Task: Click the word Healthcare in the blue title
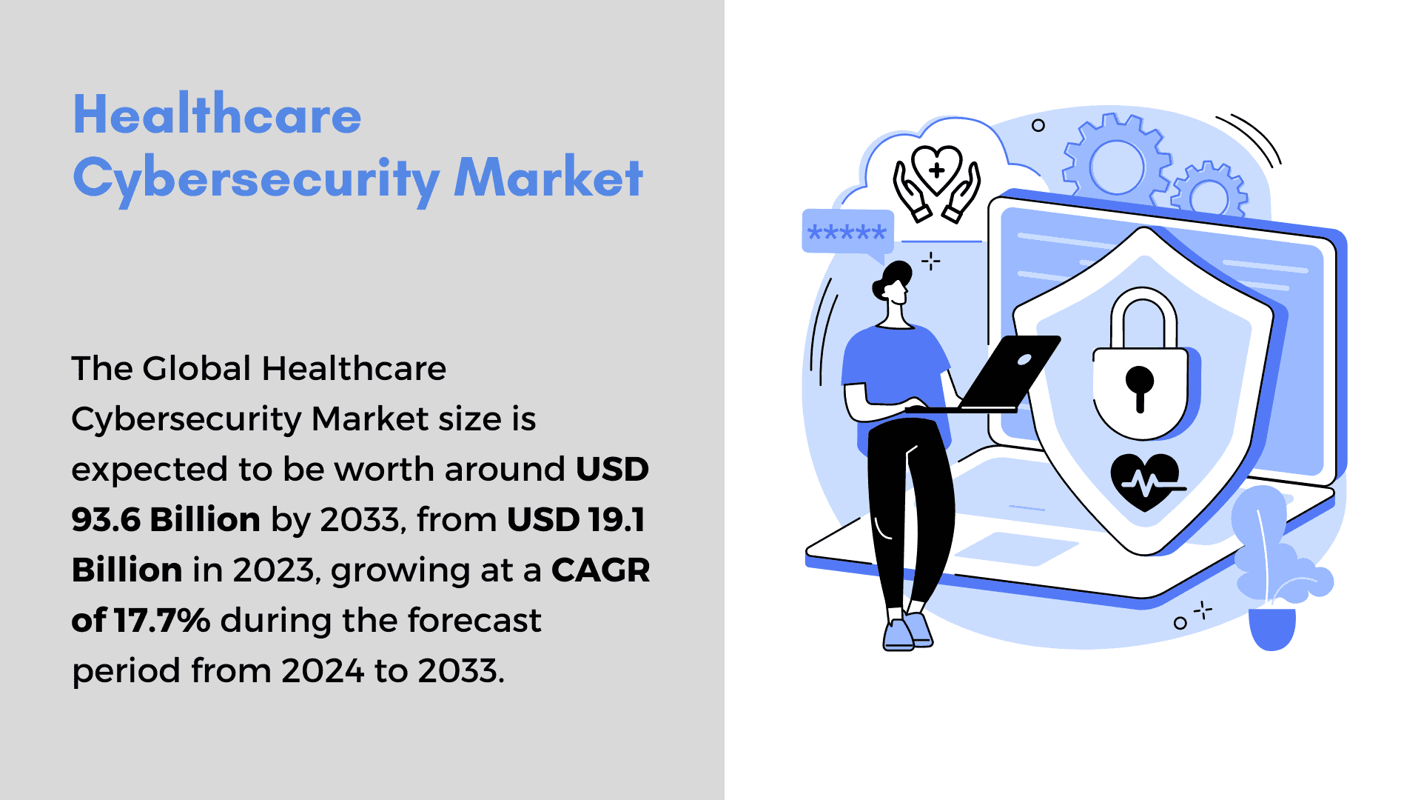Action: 217,115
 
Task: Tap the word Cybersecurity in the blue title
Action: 256,180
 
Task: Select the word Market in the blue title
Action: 548,177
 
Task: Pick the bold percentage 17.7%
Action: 162,620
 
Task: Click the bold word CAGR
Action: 601,570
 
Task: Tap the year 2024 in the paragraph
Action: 323,670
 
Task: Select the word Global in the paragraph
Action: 197,368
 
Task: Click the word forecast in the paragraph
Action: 474,620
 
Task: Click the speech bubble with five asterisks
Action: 847,234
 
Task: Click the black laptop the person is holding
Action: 992,374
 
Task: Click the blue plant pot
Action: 1272,628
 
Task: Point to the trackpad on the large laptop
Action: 1015,549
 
